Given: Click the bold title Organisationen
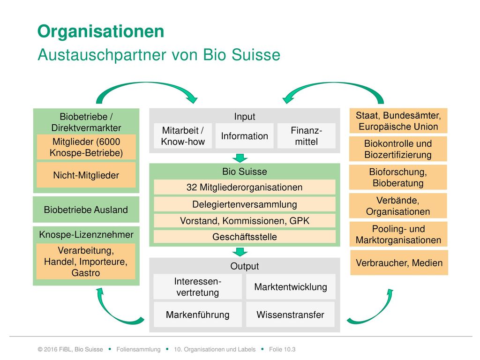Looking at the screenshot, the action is click(x=101, y=31).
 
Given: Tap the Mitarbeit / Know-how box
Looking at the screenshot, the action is click(x=183, y=136).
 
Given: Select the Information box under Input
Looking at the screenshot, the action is click(x=244, y=136).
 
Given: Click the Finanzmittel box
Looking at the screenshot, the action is click(x=307, y=136).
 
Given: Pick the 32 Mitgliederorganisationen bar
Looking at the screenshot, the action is click(x=244, y=187).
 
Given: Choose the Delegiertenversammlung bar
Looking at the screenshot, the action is click(x=244, y=204).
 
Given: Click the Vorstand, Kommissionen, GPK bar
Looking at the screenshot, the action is click(x=244, y=221).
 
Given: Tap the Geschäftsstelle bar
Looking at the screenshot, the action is click(x=244, y=237).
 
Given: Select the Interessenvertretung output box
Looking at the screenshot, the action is click(x=197, y=286).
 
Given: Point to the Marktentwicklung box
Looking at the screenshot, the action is click(x=291, y=286).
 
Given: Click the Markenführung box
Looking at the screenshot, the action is click(x=197, y=315).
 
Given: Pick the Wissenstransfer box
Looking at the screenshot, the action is click(x=291, y=315).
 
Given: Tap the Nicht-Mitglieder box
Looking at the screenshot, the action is click(x=86, y=175).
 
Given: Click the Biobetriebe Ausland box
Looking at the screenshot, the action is click(x=86, y=210).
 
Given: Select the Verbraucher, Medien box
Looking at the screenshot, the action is click(x=399, y=262).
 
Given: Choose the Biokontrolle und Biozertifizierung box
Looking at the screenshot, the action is click(x=398, y=149).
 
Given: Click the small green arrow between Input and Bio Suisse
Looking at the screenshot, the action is click(x=240, y=158).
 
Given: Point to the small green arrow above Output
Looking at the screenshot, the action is click(x=240, y=252).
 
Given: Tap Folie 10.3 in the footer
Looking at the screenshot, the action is click(x=282, y=349).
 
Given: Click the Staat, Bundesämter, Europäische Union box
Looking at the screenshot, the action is click(x=398, y=120).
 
